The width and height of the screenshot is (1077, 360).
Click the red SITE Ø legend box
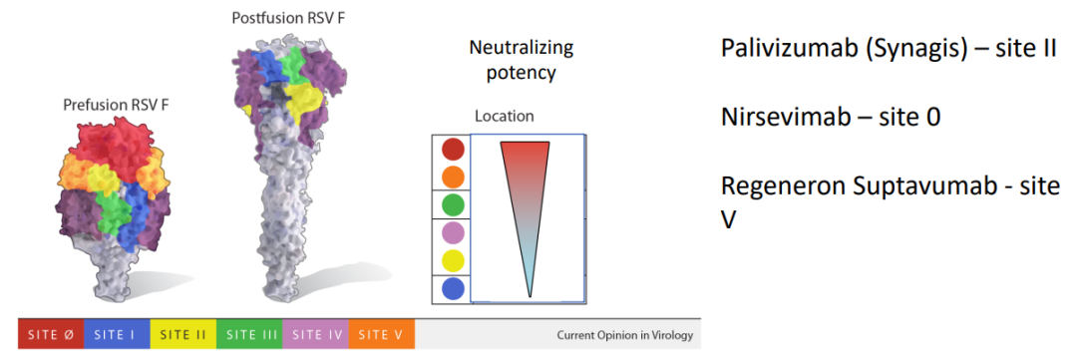pyautogui.click(x=51, y=334)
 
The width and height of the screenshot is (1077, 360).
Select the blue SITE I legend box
pyautogui.click(x=117, y=334)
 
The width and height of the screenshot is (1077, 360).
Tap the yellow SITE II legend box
pyautogui.click(x=182, y=334)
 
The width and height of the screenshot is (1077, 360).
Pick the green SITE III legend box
pyautogui.click(x=249, y=334)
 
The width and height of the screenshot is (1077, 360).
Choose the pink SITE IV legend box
pyautogui.click(x=315, y=334)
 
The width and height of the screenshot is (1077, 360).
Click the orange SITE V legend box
pyautogui.click(x=382, y=334)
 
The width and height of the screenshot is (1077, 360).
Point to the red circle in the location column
pyautogui.click(x=453, y=149)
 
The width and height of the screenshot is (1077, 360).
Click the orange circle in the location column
pyautogui.click(x=453, y=177)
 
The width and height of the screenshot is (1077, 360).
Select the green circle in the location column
pyautogui.click(x=453, y=204)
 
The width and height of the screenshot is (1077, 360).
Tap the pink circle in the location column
pyautogui.click(x=453, y=233)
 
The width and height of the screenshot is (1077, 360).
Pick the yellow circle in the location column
pyautogui.click(x=453, y=261)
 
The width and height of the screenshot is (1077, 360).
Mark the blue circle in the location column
pyautogui.click(x=453, y=288)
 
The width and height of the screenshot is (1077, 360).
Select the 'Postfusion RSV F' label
pyautogui.click(x=288, y=17)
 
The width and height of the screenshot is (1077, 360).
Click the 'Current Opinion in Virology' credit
pyautogui.click(x=624, y=336)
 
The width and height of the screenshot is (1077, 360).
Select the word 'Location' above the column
pyautogui.click(x=505, y=117)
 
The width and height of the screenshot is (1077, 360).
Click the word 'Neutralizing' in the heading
pyautogui.click(x=521, y=49)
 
